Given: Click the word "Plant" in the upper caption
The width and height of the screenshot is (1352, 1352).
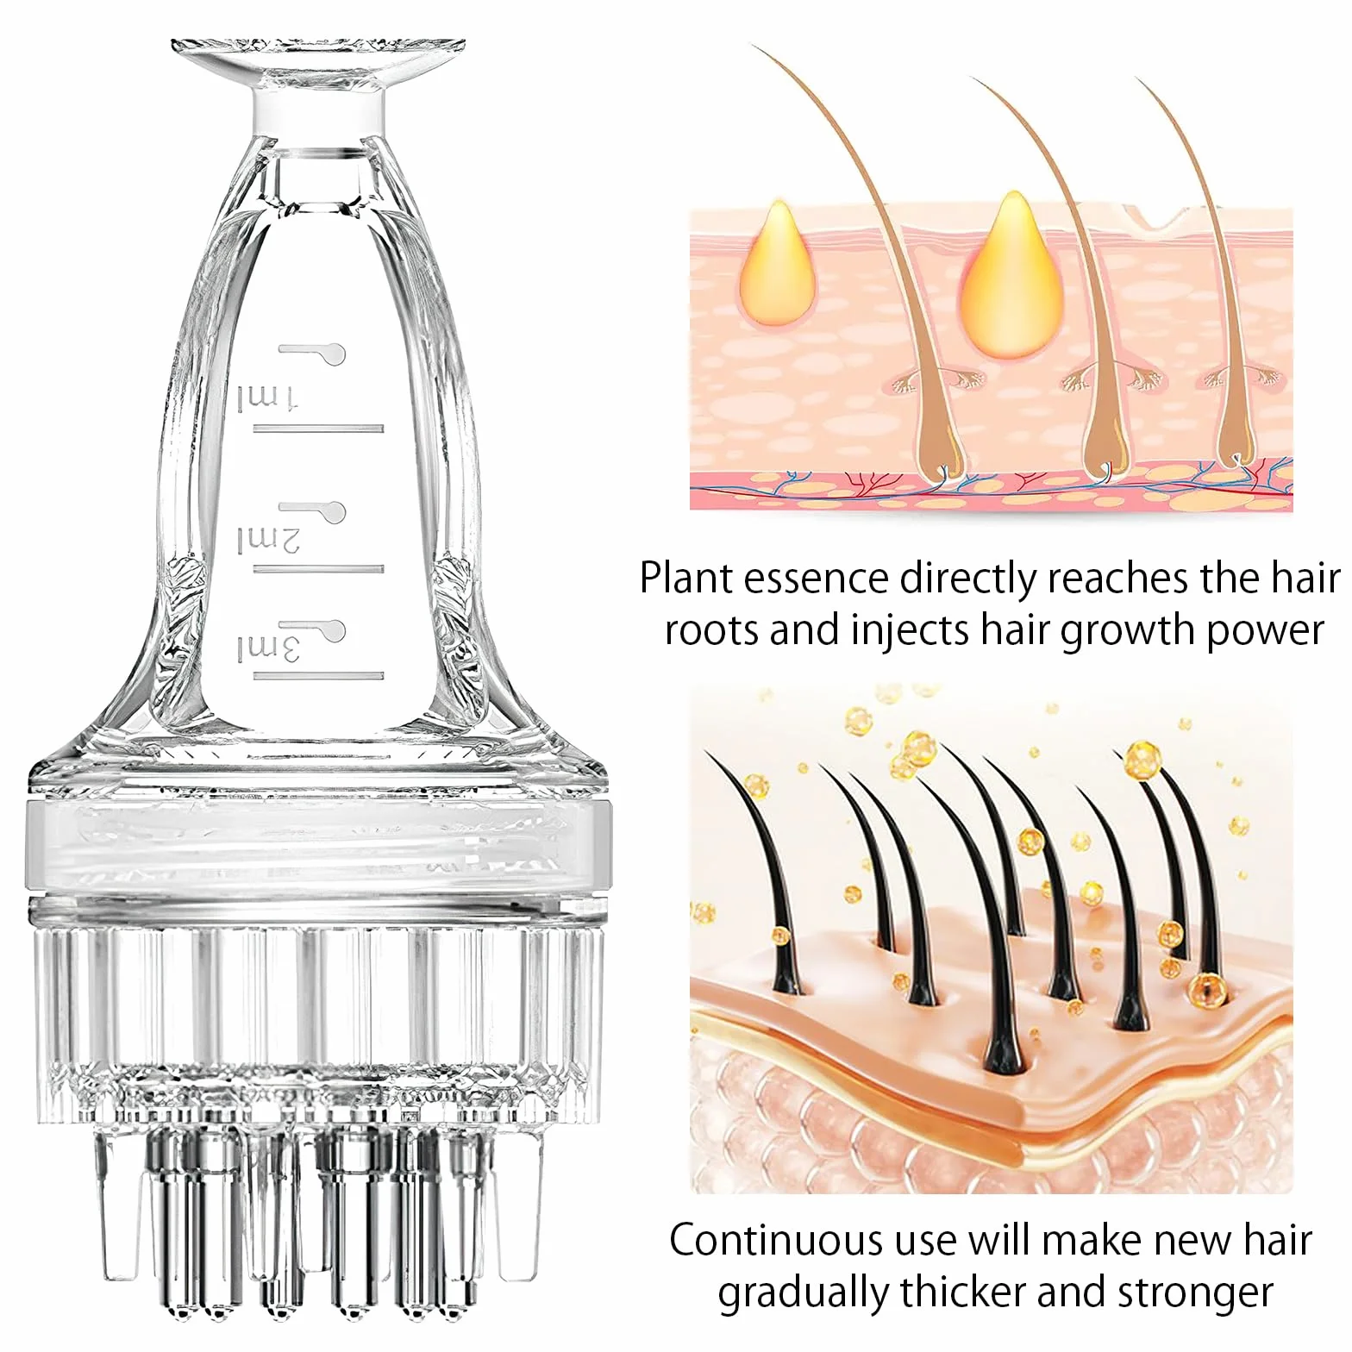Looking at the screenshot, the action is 686,579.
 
